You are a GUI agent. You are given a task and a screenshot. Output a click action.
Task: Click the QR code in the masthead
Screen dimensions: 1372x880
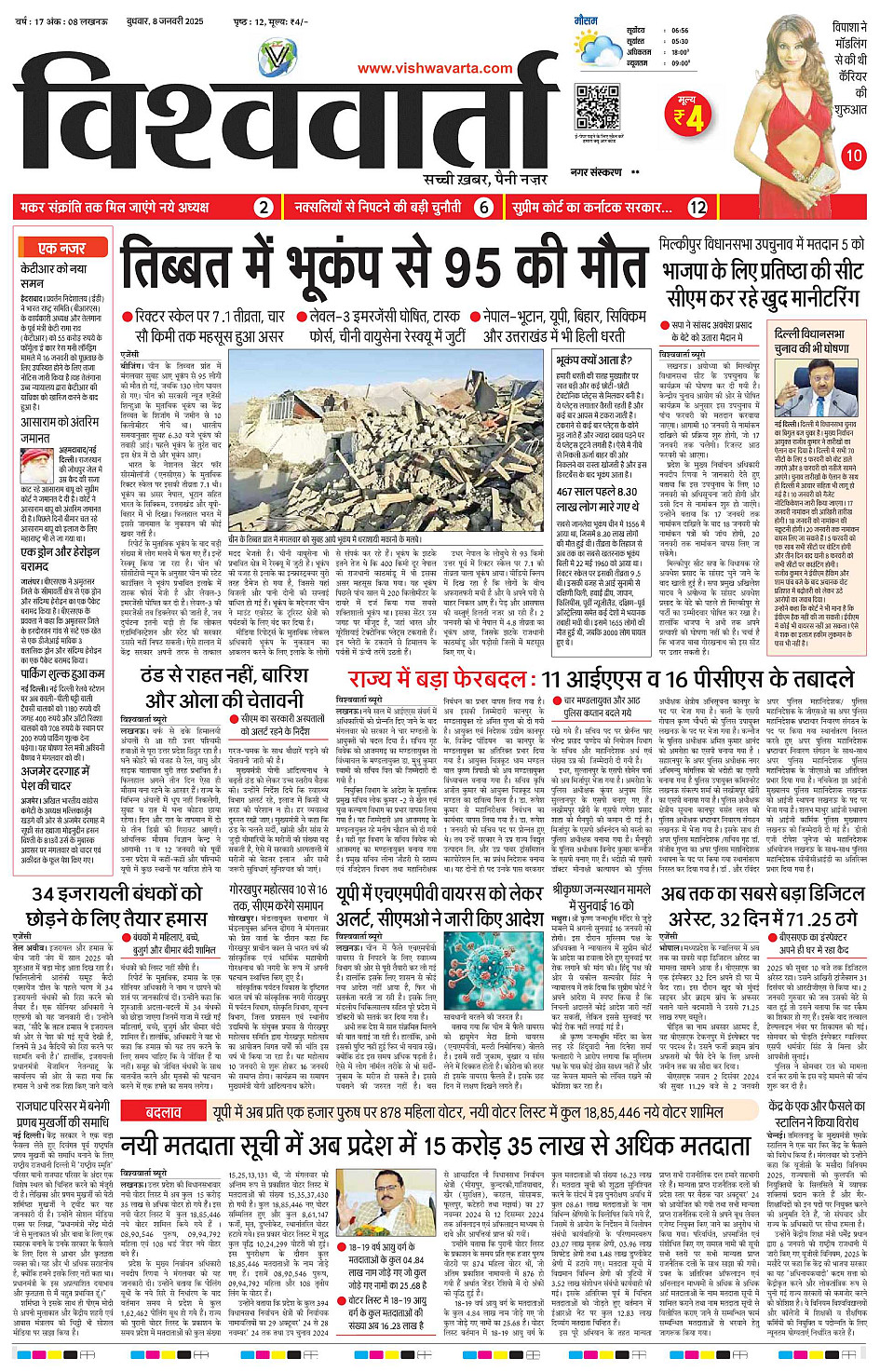[597, 106]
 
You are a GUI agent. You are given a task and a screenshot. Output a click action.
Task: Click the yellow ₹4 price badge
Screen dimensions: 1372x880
[690, 115]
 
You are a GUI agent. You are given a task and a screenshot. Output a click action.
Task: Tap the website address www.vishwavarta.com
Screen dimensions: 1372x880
[435, 68]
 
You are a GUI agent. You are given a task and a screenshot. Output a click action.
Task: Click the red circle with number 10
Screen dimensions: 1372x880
[853, 156]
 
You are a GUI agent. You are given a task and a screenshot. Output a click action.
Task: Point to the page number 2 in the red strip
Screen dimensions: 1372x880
[264, 208]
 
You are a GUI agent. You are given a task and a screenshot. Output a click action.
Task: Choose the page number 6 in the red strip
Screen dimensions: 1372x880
[483, 208]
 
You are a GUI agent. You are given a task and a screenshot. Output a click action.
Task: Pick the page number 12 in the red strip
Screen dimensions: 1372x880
[697, 208]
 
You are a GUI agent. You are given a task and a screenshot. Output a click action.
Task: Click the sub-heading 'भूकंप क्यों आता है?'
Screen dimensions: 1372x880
[594, 360]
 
